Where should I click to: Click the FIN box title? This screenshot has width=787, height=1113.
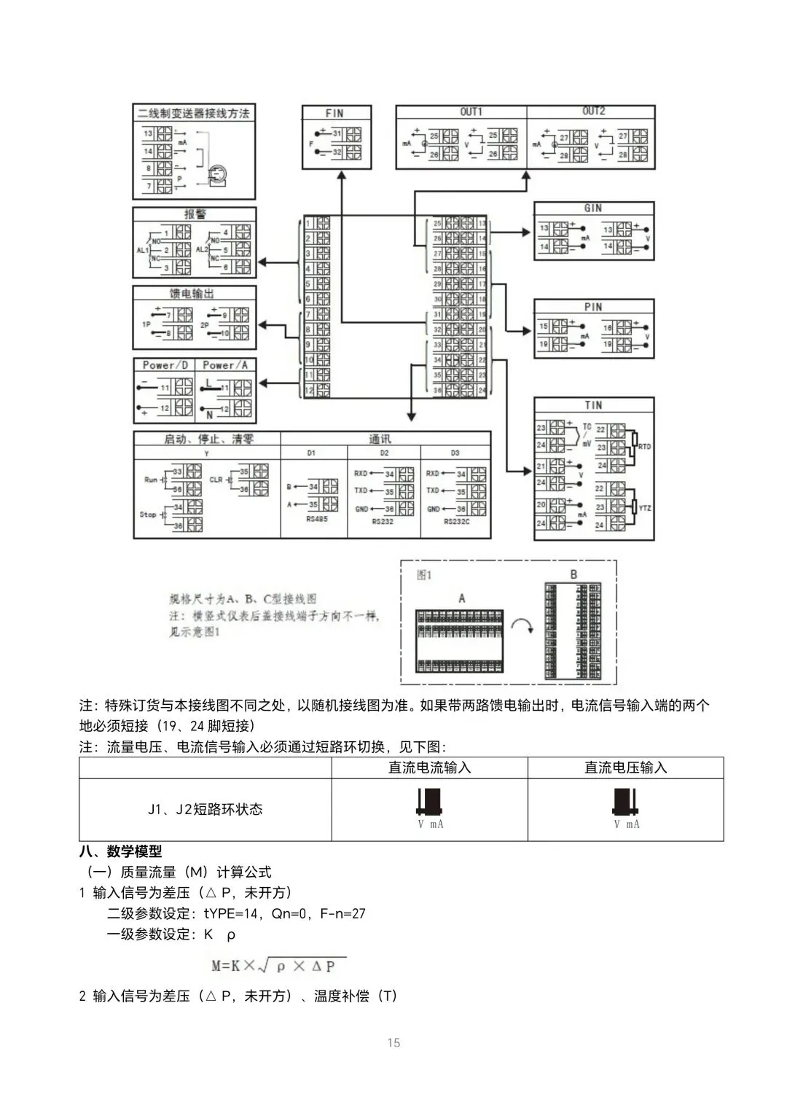tap(334, 113)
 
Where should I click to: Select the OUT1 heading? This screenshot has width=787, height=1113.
tap(471, 112)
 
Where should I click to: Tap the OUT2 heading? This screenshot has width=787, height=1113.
tap(594, 111)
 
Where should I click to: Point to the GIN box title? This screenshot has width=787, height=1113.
tap(593, 208)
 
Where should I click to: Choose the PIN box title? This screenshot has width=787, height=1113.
tap(593, 307)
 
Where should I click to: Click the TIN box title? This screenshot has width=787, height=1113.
tap(593, 405)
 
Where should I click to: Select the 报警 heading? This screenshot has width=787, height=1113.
tap(195, 214)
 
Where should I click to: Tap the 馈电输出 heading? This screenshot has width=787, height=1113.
tap(192, 293)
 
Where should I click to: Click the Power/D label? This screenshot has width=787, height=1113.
tap(165, 365)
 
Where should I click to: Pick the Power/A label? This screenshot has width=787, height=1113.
tap(225, 365)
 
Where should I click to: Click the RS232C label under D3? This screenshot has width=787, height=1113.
tap(456, 522)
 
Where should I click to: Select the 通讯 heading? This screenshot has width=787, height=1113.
tap(380, 439)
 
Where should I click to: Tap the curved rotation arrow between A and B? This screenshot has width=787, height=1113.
tap(522, 625)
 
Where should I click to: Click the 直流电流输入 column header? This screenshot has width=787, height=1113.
tap(429, 768)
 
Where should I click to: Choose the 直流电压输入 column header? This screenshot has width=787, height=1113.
tap(625, 768)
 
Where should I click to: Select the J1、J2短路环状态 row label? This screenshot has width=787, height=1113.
tap(205, 809)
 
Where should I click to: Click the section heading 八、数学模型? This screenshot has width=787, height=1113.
tap(120, 851)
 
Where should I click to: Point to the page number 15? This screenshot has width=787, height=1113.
tap(393, 1043)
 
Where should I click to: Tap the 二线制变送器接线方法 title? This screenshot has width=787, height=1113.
tap(193, 113)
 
